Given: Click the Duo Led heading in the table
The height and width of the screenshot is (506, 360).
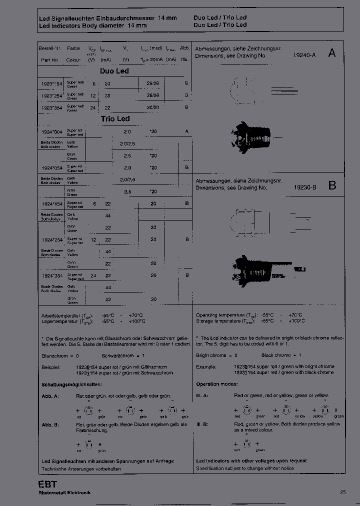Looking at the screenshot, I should tap(114, 71).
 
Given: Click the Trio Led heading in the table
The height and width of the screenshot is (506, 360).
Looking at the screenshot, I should tap(115, 119).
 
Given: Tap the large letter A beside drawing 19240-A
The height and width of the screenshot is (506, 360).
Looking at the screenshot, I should tap(331, 53).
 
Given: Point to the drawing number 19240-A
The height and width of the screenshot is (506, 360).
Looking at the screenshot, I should tap(305, 56).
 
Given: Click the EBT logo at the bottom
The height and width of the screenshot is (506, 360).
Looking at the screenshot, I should tap(47, 484).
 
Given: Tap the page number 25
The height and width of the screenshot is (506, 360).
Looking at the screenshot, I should tap(343, 492).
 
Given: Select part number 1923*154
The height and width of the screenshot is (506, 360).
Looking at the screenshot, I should tap(52, 83).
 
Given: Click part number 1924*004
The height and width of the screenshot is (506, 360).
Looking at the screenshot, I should tap(52, 131).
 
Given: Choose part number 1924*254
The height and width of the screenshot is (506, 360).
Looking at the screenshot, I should tap(52, 239).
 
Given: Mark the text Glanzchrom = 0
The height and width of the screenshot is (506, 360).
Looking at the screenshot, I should tap(60, 355).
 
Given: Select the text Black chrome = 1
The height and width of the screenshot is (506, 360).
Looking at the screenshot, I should tap(281, 355).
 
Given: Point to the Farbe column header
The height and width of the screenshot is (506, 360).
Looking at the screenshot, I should tap(73, 48).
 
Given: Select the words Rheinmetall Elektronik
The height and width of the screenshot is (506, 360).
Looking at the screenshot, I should tap(64, 492).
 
